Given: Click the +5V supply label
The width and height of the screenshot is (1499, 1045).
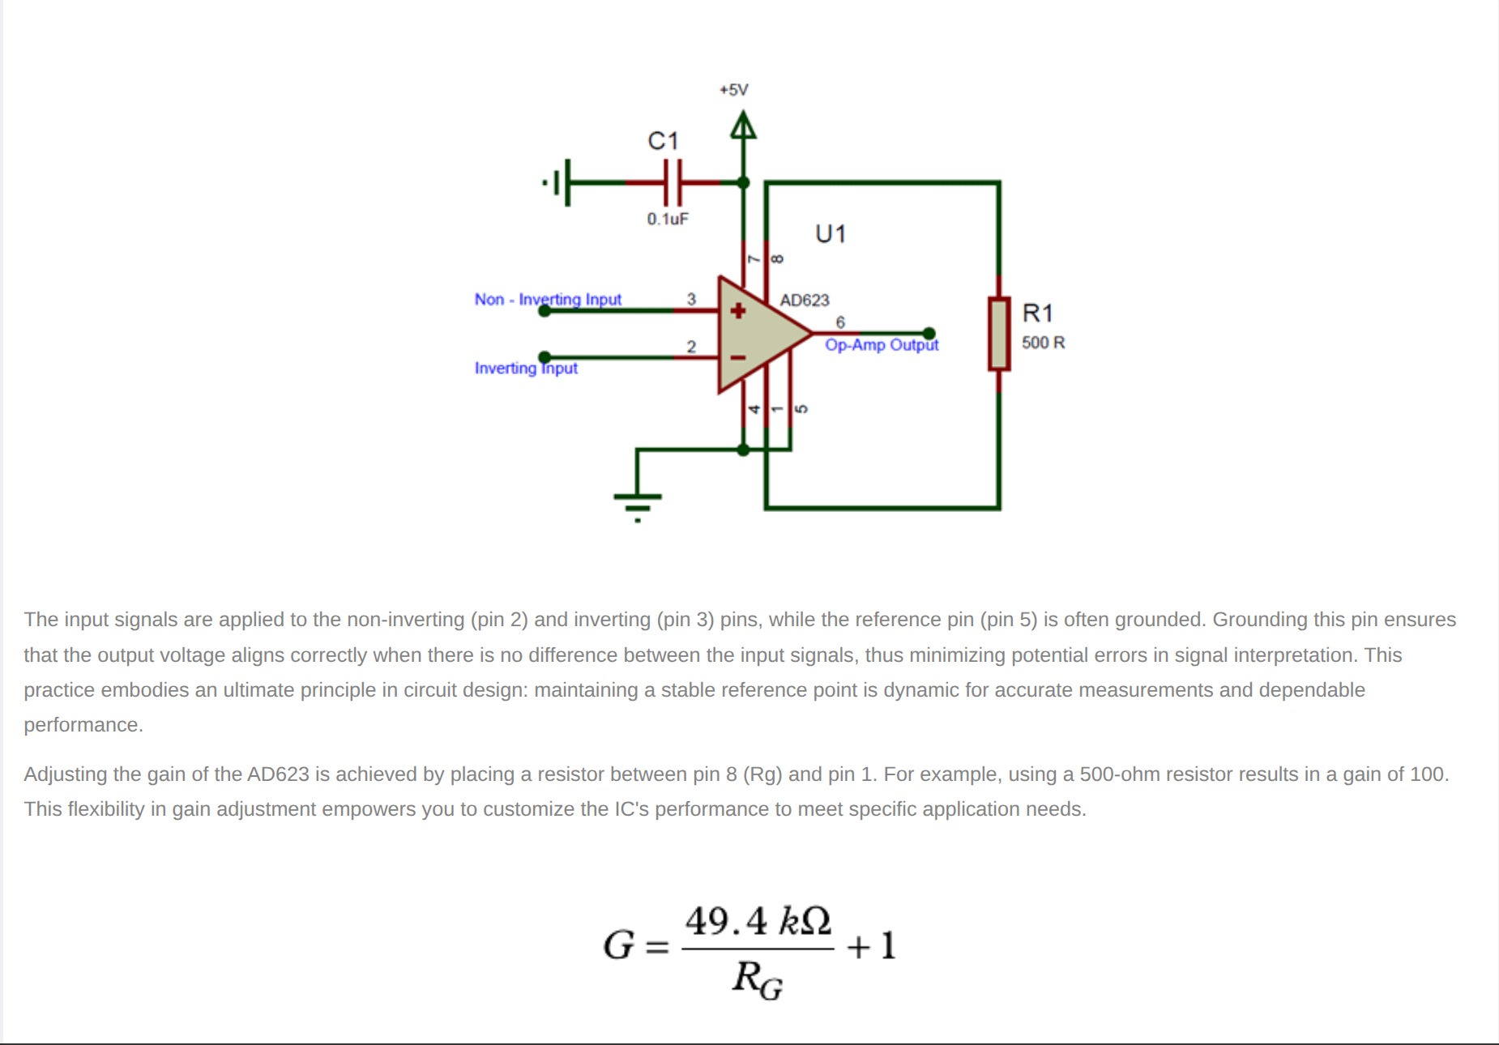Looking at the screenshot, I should [733, 90].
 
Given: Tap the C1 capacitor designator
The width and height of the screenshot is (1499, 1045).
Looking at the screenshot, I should [662, 141].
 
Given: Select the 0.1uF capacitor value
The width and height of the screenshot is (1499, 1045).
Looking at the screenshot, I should [667, 219].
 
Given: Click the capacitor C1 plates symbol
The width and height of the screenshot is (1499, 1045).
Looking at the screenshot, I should [673, 182].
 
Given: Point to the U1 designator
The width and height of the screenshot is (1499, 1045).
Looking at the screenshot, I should [830, 234].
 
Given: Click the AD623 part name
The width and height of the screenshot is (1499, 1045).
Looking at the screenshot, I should [804, 301].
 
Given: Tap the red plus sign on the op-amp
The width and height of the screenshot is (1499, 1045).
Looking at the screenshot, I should [737, 310].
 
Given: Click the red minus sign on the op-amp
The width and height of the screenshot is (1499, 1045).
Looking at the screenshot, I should [737, 357].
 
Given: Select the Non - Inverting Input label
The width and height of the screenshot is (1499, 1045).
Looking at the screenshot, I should [548, 300].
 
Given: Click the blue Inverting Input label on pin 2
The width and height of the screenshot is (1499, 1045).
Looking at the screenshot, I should [526, 369].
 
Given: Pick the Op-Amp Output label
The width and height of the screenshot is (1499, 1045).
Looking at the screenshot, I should [881, 345].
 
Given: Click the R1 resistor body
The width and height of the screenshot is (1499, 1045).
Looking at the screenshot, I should [998, 333].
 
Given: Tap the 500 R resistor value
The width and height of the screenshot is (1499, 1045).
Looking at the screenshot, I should [1043, 343].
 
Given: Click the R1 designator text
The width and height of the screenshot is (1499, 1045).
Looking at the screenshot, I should [1037, 313].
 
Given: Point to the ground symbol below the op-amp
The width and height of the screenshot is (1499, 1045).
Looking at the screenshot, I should [638, 503].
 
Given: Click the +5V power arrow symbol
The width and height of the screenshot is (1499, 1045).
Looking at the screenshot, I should [742, 127].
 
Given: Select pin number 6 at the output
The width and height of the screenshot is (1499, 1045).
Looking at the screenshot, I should [840, 322].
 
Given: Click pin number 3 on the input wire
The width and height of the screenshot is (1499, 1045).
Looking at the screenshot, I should [691, 299].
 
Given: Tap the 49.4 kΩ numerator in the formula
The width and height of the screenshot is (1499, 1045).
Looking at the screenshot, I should [757, 921].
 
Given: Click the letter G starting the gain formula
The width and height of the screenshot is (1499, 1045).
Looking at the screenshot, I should [618, 945].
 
